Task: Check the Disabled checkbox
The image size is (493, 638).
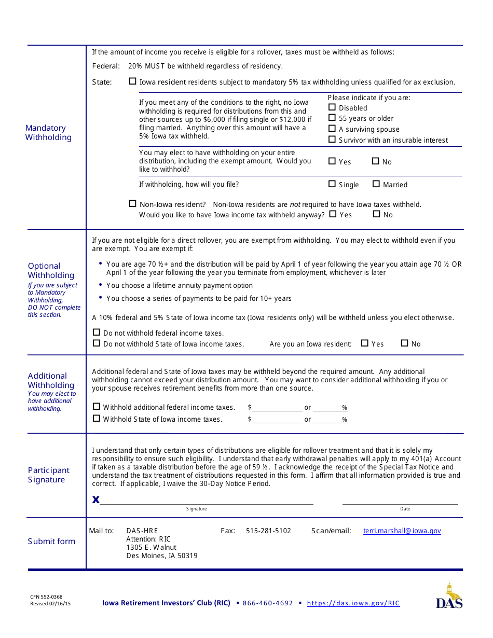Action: (x=332, y=107)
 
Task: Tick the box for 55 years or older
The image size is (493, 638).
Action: (x=332, y=118)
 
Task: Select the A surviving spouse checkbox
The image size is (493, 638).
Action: (x=332, y=129)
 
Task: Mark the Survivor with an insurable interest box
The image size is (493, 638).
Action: (x=332, y=140)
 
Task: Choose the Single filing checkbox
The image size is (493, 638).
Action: (x=332, y=184)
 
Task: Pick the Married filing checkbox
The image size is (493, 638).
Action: (x=376, y=184)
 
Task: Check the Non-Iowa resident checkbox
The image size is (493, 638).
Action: (x=133, y=204)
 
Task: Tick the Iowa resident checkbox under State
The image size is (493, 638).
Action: (x=133, y=81)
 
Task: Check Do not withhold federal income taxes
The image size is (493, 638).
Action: (x=97, y=332)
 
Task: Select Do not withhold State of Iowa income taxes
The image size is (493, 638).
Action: (x=97, y=343)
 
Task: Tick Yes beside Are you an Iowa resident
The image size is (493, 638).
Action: (x=365, y=343)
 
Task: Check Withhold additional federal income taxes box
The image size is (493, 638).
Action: (x=97, y=407)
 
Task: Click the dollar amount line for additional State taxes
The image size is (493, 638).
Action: (x=277, y=420)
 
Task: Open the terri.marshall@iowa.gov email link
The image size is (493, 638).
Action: (x=402, y=531)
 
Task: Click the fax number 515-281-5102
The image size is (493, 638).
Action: (x=268, y=531)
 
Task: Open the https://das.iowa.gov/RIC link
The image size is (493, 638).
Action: (x=353, y=603)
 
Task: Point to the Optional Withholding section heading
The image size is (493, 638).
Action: (x=51, y=271)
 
